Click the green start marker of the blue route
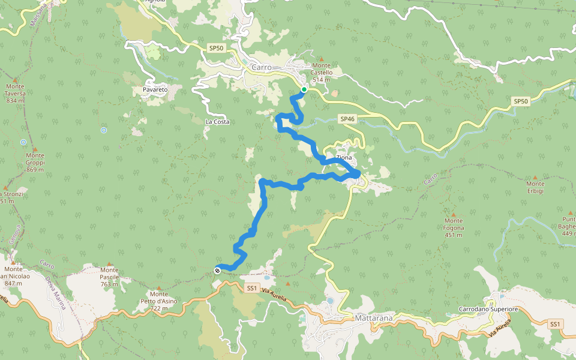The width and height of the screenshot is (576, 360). pyautogui.click(x=304, y=89)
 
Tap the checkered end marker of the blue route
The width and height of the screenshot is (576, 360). pyautogui.click(x=217, y=271)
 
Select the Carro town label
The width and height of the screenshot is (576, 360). pyautogui.click(x=262, y=67)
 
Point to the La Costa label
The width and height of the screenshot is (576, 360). pyautogui.click(x=217, y=122)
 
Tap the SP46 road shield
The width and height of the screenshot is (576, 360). pyautogui.click(x=348, y=119)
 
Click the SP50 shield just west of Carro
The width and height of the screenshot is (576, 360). pyautogui.click(x=216, y=47)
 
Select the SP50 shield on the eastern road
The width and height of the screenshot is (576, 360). pyautogui.click(x=521, y=101)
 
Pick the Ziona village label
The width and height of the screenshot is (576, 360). pyautogui.click(x=344, y=157)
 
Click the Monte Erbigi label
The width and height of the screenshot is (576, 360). pyautogui.click(x=535, y=187)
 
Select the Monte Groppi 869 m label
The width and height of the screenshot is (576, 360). pyautogui.click(x=35, y=163)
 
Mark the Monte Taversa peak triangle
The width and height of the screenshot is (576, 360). pyautogui.click(x=16, y=79)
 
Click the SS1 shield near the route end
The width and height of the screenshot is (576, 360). pyautogui.click(x=252, y=288)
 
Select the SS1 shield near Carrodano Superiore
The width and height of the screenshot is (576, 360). pyautogui.click(x=556, y=324)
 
